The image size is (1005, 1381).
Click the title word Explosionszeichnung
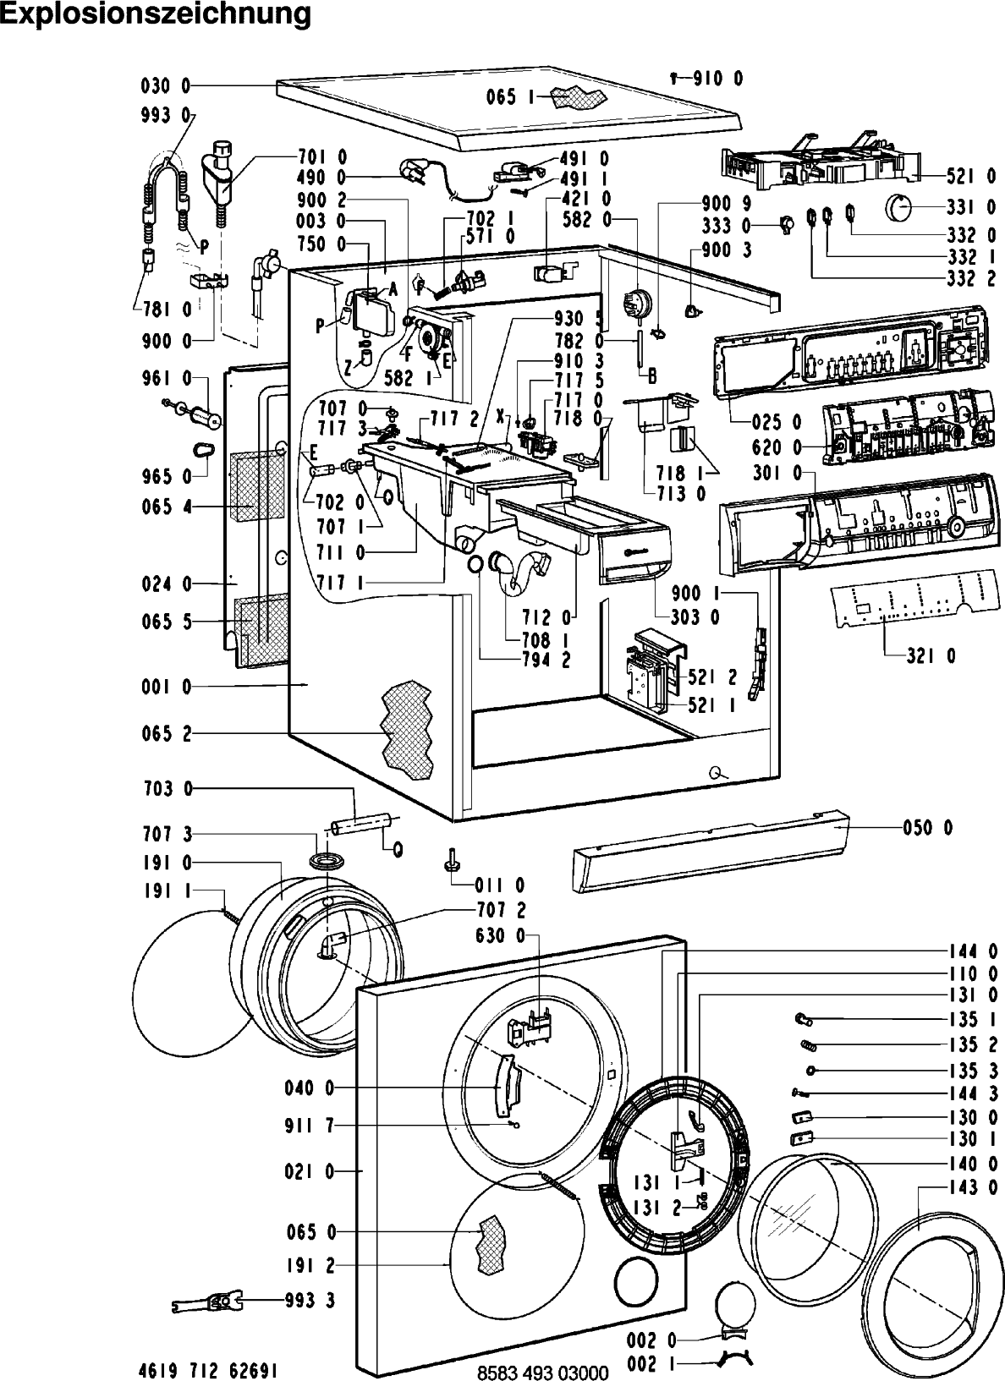pyautogui.click(x=156, y=14)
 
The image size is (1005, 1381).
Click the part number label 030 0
pyautogui.click(x=166, y=86)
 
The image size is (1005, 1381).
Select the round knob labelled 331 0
pyautogui.click(x=902, y=206)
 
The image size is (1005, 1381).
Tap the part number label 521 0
pyautogui.click(x=971, y=176)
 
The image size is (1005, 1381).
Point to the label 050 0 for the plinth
pyautogui.click(x=928, y=827)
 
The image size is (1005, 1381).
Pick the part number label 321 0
pyautogui.click(x=931, y=656)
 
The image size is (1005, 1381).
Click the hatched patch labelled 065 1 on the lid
pyautogui.click(x=575, y=97)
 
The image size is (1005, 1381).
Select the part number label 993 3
pyautogui.click(x=310, y=1300)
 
